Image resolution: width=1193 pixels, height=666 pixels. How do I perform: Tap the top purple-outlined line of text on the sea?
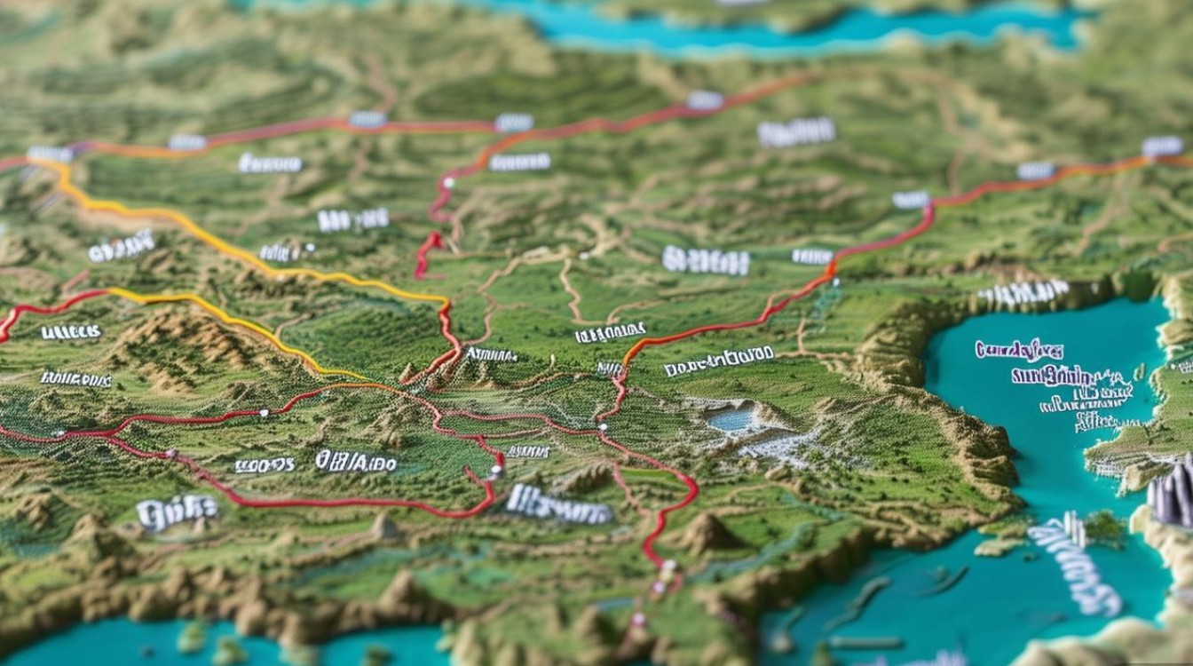click(1018, 349)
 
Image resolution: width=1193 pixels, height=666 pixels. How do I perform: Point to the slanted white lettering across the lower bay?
click(1074, 566)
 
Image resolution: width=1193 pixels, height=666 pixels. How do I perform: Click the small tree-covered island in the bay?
click(1104, 528)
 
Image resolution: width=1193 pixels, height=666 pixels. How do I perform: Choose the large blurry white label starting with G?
click(177, 511)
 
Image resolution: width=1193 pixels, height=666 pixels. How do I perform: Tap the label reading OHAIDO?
click(355, 462)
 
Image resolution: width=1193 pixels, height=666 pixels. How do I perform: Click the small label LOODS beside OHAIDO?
click(264, 464)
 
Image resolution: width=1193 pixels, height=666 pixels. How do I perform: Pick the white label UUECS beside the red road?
click(71, 332)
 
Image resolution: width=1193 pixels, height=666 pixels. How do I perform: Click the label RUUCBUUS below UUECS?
click(75, 379)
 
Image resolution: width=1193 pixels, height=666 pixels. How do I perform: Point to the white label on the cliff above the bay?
click(1023, 292)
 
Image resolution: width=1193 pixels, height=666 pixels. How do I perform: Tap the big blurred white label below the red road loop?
click(558, 504)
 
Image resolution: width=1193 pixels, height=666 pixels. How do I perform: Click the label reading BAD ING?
click(352, 219)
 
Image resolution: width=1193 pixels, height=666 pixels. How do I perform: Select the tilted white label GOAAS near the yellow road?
click(122, 247)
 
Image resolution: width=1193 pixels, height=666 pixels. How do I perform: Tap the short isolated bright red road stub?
click(427, 253)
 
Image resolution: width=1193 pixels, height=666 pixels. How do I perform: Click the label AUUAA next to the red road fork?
click(491, 354)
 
